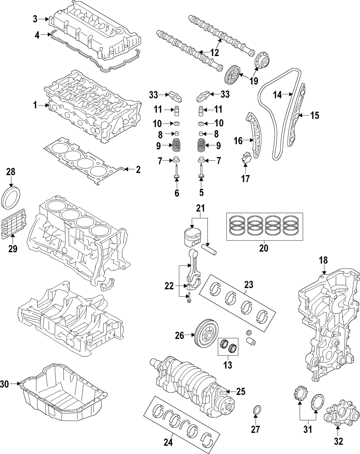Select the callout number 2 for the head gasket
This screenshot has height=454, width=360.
[138, 170]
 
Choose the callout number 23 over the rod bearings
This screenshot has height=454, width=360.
[248, 285]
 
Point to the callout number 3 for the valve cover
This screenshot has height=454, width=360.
[35, 19]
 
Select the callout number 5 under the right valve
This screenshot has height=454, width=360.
[201, 193]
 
